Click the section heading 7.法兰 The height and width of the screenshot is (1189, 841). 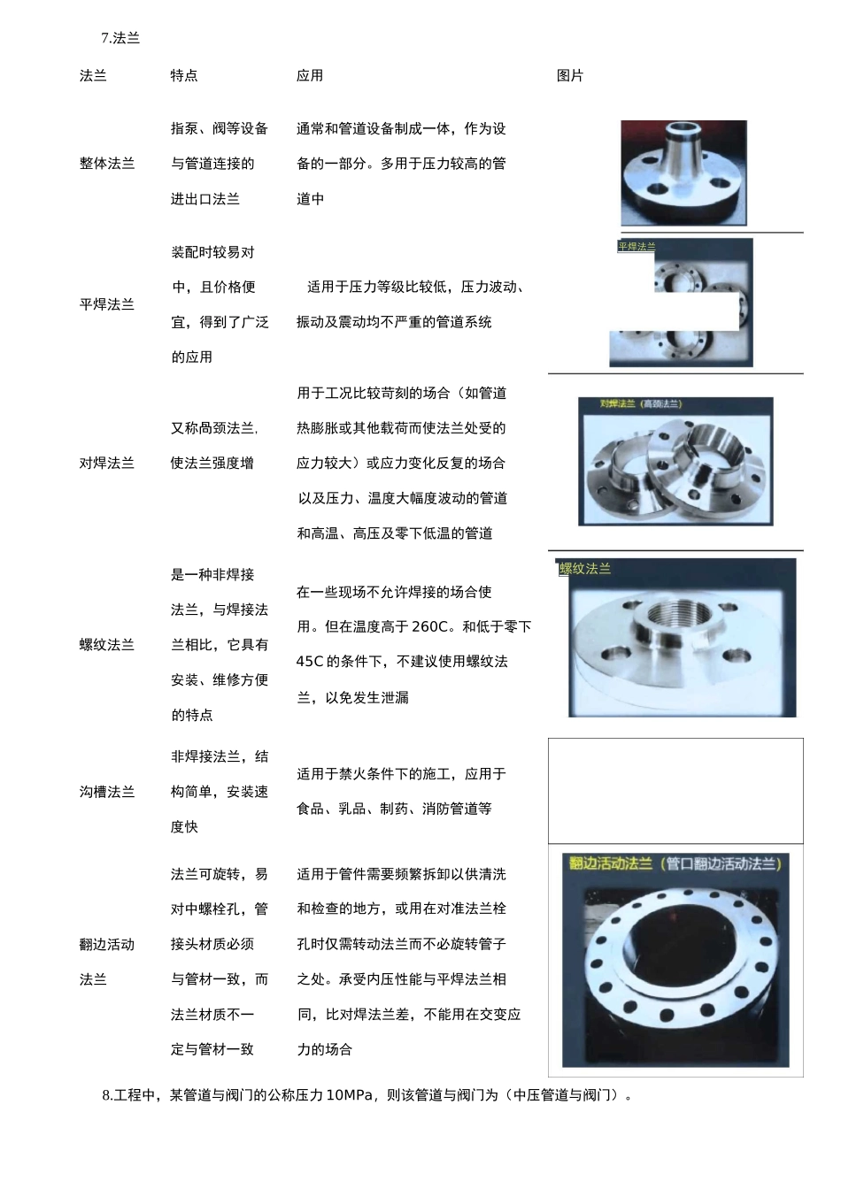pos(120,38)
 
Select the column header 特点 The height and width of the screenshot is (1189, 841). pos(184,76)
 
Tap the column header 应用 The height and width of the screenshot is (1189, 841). pos(310,76)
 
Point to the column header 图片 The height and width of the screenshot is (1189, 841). pos(570,76)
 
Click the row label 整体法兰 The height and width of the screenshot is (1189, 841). pos(107,164)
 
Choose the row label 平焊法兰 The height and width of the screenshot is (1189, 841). pos(107,304)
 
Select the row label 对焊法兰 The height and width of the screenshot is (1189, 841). pos(107,463)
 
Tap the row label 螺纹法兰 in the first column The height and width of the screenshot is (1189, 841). pos(107,645)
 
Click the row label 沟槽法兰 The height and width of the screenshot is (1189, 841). pos(107,792)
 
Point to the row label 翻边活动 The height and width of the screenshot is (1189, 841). pos(107,945)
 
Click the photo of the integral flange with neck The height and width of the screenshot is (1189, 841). pos(683,173)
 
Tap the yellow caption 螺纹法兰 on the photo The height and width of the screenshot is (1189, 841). pos(585,569)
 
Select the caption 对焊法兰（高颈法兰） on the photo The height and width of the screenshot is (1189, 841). pos(641,404)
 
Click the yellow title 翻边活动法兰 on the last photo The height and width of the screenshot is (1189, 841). pos(611,863)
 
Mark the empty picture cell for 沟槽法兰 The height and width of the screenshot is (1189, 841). pos(675,791)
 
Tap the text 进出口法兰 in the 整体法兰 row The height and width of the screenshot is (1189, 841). pos(205,199)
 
